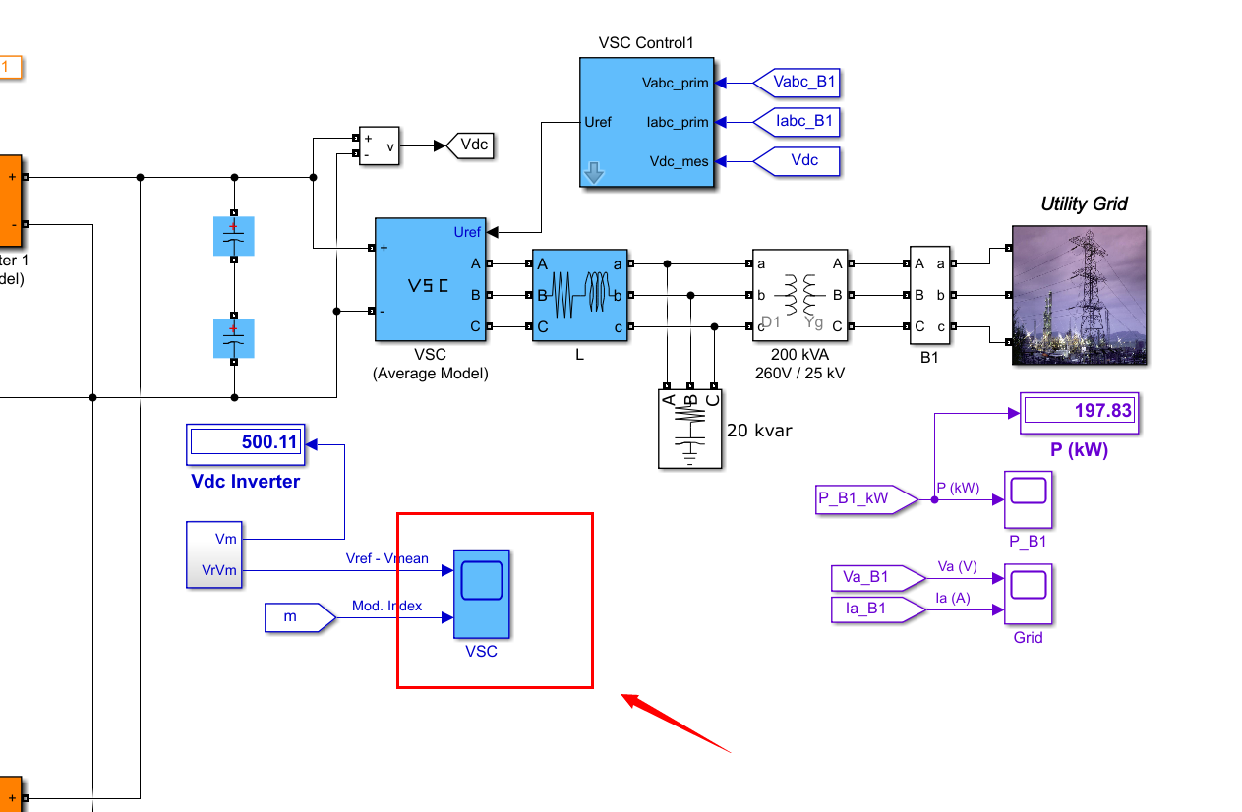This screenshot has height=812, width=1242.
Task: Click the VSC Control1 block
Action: (x=646, y=122)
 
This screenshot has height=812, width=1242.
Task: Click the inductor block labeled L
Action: (x=579, y=295)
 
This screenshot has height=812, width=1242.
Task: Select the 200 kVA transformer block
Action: (x=798, y=295)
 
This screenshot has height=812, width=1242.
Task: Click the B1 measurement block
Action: (x=929, y=295)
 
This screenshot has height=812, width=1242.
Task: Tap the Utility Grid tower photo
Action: (x=1079, y=295)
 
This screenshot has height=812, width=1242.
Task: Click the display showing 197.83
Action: (x=1080, y=412)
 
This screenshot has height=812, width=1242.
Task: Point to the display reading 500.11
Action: (x=246, y=443)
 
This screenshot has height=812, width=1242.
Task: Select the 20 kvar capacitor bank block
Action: (x=690, y=429)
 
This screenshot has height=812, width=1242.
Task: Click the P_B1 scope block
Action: (x=1028, y=500)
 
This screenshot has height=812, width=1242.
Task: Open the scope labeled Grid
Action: (x=1028, y=594)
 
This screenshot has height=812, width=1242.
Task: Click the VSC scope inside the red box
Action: (x=482, y=593)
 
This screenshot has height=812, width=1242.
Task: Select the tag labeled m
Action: (x=297, y=617)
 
